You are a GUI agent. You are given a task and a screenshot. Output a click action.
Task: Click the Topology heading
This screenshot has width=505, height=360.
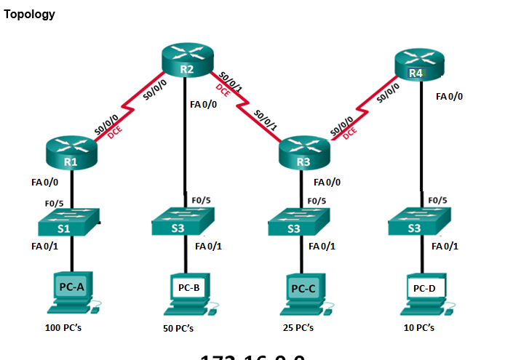pyautogui.click(x=29, y=15)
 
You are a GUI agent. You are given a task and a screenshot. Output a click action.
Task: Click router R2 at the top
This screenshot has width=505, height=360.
pyautogui.click(x=187, y=60)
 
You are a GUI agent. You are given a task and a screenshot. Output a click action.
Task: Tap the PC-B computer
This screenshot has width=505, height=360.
pyautogui.click(x=188, y=292)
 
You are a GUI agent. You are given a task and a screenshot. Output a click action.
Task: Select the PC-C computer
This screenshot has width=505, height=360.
pyautogui.click(x=304, y=292)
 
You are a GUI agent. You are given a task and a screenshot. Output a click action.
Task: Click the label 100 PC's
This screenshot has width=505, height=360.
pyautogui.click(x=67, y=328)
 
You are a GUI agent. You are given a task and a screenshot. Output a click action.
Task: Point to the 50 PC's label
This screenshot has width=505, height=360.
pyautogui.click(x=178, y=329)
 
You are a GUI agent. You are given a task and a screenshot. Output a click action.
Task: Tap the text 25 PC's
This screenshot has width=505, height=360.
pyautogui.click(x=298, y=328)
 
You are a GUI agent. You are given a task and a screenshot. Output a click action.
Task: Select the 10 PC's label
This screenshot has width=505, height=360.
pyautogui.click(x=419, y=328)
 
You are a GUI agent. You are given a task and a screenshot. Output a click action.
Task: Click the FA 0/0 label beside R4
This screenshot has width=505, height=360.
pyautogui.click(x=449, y=96)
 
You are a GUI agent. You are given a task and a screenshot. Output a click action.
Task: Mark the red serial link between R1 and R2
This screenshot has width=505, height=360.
pyautogui.click(x=127, y=108)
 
